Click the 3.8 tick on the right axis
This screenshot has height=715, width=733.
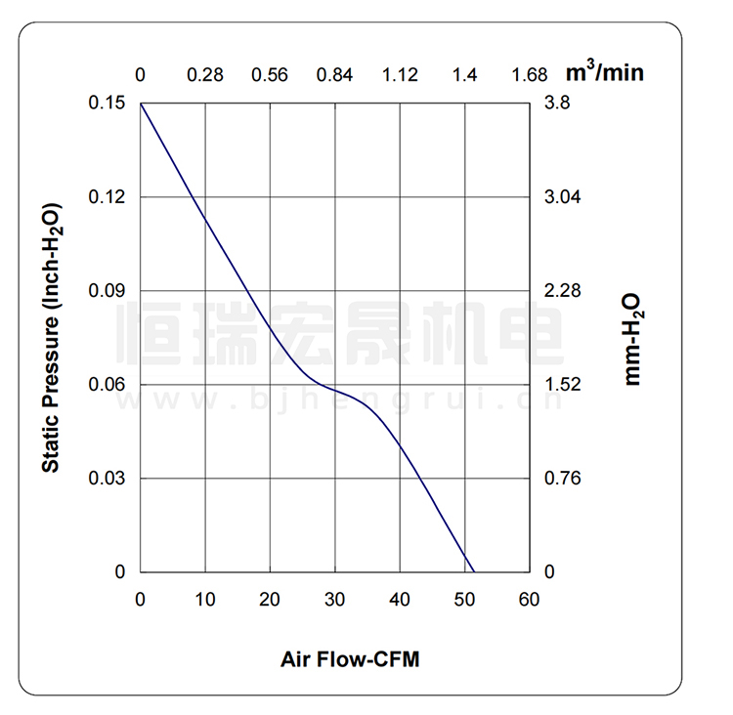pyautogui.click(x=556, y=104)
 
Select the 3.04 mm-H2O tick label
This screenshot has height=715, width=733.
pyautogui.click(x=562, y=197)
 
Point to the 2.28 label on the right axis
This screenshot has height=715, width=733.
pyautogui.click(x=562, y=291)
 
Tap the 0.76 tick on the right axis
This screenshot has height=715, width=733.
pyautogui.click(x=562, y=479)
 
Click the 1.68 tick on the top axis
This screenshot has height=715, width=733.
pyautogui.click(x=530, y=75)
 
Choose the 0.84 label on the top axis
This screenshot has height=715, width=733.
pyautogui.click(x=335, y=75)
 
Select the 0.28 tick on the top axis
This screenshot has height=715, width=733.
pyautogui.click(x=205, y=75)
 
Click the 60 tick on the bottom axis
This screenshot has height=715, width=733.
pyautogui.click(x=529, y=600)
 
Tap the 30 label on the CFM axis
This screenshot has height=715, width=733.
pyautogui.click(x=335, y=600)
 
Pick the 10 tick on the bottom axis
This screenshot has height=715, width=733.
pyautogui.click(x=205, y=600)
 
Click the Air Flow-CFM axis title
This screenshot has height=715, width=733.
pyautogui.click(x=350, y=659)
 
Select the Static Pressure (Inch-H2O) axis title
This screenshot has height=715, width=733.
pyautogui.click(x=52, y=338)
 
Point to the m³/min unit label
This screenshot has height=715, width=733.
pyautogui.click(x=606, y=71)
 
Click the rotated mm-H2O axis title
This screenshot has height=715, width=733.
pyautogui.click(x=632, y=338)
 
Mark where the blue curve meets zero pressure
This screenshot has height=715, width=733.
pyautogui.click(x=473, y=571)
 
